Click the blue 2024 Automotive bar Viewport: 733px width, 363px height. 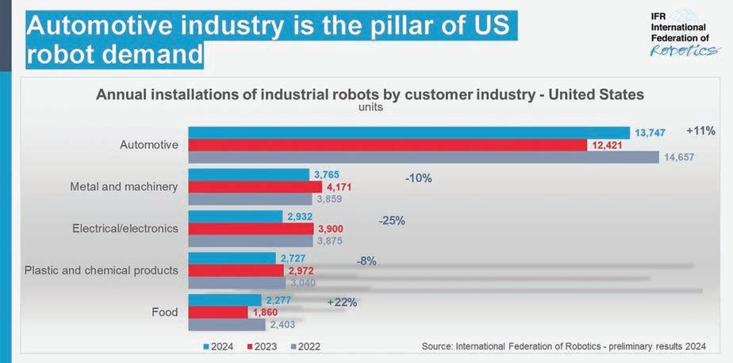[409, 132]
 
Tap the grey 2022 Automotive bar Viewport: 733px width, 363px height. [423, 157]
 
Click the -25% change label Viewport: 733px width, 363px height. [391, 220]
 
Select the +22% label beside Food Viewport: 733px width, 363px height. [342, 302]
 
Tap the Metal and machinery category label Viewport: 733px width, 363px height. [124, 187]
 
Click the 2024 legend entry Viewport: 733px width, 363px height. [223, 346]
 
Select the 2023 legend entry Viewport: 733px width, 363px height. [267, 346]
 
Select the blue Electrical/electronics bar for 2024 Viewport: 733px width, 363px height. [235, 216]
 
